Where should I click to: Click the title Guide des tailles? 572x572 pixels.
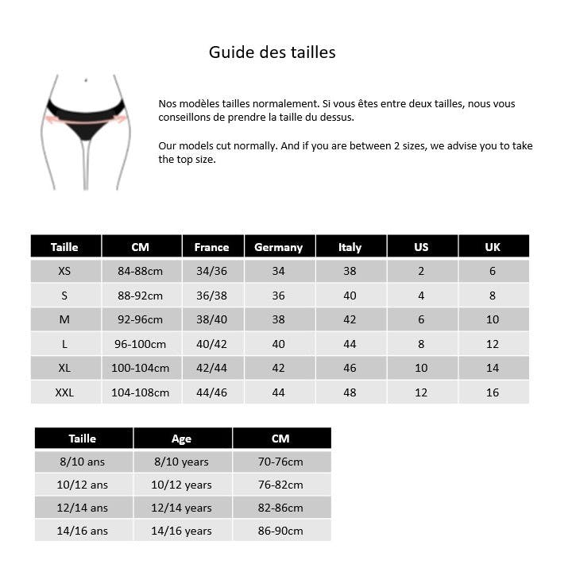pyautogui.click(x=272, y=52)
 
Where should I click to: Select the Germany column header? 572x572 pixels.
pyautogui.click(x=278, y=247)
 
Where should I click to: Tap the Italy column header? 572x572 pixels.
pyautogui.click(x=350, y=247)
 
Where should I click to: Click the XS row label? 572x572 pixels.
pyautogui.click(x=64, y=271)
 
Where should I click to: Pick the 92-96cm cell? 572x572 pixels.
pyautogui.click(x=140, y=319)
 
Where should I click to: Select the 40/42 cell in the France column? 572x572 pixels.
pyautogui.click(x=211, y=344)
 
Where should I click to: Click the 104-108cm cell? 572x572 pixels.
pyautogui.click(x=140, y=392)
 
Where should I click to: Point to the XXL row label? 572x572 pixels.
pyautogui.click(x=64, y=392)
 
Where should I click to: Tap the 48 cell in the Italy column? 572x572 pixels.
pyautogui.click(x=350, y=392)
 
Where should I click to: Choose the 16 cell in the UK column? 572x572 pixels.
pyautogui.click(x=493, y=392)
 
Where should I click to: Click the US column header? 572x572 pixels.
pyautogui.click(x=421, y=247)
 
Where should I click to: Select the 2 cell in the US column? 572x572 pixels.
pyautogui.click(x=421, y=271)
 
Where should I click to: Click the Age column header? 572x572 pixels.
pyautogui.click(x=181, y=439)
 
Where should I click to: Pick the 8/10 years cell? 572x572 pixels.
pyautogui.click(x=181, y=462)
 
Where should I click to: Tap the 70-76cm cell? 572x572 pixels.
pyautogui.click(x=281, y=462)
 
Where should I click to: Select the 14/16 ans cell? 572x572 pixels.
pyautogui.click(x=83, y=531)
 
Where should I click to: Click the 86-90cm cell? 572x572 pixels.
pyautogui.click(x=281, y=531)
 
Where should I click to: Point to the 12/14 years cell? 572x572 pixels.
pyautogui.click(x=181, y=508)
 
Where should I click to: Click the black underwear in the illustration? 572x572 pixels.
pyautogui.click(x=85, y=118)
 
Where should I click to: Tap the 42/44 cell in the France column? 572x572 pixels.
pyautogui.click(x=211, y=368)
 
